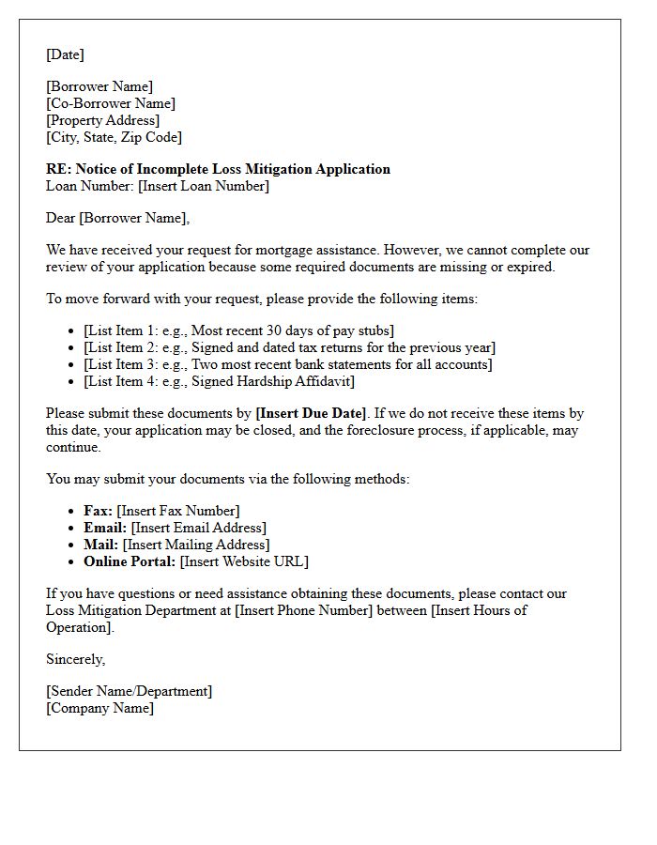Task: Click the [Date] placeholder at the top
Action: [65, 54]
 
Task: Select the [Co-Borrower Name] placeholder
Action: [111, 103]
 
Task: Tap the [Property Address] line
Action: [102, 120]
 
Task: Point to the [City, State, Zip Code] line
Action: [114, 137]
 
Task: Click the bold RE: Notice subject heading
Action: [218, 169]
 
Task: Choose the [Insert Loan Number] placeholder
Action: [204, 186]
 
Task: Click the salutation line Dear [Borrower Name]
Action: [117, 218]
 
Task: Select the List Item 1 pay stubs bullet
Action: [238, 330]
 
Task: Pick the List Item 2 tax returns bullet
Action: [289, 347]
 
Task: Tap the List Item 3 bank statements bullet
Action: [287, 364]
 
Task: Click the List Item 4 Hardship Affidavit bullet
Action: [219, 381]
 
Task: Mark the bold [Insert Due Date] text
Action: [312, 413]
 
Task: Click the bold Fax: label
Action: [99, 511]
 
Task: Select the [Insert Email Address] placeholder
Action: [198, 528]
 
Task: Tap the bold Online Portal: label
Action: [130, 561]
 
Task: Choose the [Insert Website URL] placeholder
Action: [244, 561]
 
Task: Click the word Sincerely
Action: [75, 659]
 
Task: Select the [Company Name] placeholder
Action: [99, 708]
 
